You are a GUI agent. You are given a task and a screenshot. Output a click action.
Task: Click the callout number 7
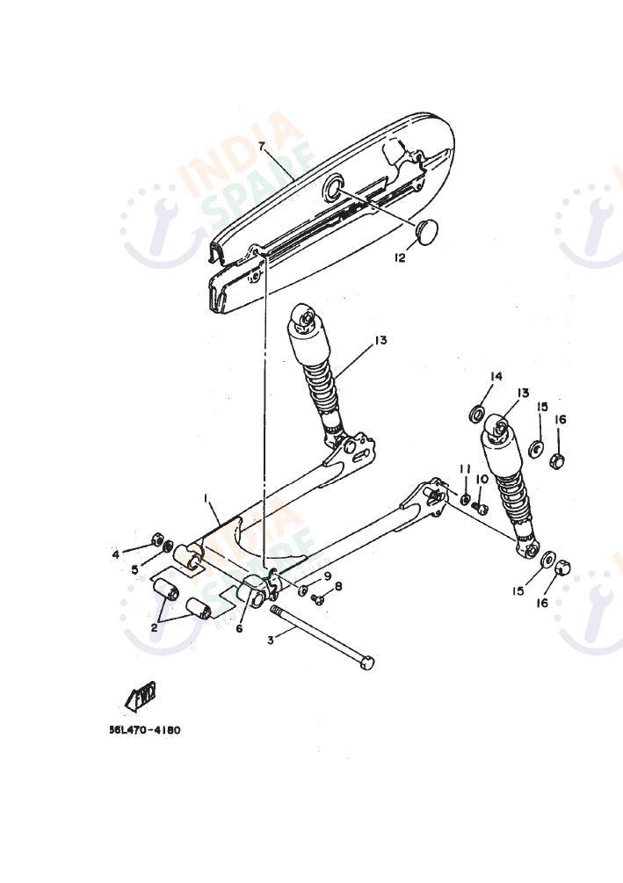pos(262,145)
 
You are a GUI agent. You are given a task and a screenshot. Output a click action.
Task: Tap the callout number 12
pos(400,257)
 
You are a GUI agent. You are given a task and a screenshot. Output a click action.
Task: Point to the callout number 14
pos(496,377)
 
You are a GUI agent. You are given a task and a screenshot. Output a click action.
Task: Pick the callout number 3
pos(271,640)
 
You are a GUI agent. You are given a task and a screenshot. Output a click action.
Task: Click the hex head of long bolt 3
pos(366,662)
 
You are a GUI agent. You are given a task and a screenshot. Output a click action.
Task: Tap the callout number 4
pos(115,554)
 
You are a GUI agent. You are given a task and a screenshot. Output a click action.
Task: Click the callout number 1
pos(206,498)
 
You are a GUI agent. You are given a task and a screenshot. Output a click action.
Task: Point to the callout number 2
pos(155,627)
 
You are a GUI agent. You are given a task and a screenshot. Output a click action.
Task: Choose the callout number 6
pos(239,628)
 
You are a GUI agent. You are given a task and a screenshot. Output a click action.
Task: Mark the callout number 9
pos(327,576)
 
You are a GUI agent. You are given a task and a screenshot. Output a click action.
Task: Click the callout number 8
pos(337,586)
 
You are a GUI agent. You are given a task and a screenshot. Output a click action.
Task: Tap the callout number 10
pos(482,479)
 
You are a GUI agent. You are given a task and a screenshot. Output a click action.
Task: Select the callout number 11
pos(465,468)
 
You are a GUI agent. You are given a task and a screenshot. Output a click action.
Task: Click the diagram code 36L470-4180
pos(145,730)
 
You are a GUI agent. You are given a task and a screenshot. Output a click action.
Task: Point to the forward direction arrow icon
pos(141,697)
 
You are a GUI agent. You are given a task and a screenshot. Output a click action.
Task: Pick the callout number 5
pos(134,569)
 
